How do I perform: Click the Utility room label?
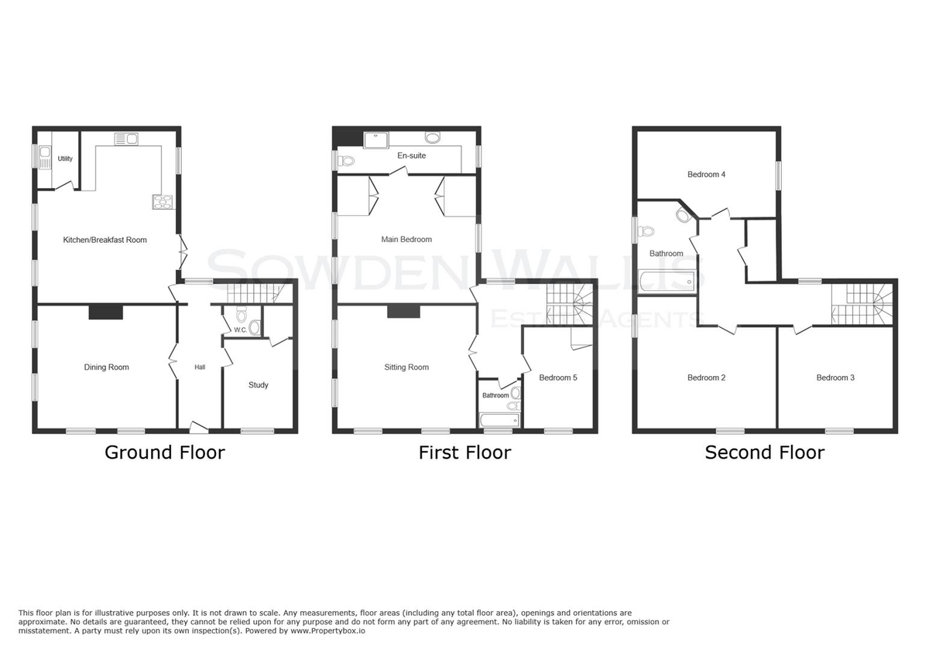pyautogui.click(x=65, y=159)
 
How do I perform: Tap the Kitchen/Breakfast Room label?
pyautogui.click(x=105, y=240)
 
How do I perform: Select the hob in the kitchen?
pyautogui.click(x=162, y=202)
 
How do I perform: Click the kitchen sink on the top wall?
pyautogui.click(x=126, y=138)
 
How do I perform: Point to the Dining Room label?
pyautogui.click(x=107, y=367)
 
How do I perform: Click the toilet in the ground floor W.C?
pyautogui.click(x=241, y=315)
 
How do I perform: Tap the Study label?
pyautogui.click(x=259, y=385)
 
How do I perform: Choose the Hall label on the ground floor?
pyautogui.click(x=200, y=367)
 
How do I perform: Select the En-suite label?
pyautogui.click(x=411, y=155)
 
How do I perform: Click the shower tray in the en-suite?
pyautogui.click(x=376, y=140)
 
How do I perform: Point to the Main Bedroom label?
pyautogui.click(x=406, y=239)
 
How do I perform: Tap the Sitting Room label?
pyautogui.click(x=406, y=367)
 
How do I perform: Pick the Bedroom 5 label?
pyautogui.click(x=558, y=377)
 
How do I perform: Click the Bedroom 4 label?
pyautogui.click(x=706, y=175)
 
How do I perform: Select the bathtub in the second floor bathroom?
pyautogui.click(x=667, y=282)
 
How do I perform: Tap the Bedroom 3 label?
pyautogui.click(x=835, y=377)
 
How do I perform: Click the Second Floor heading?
pyautogui.click(x=765, y=453)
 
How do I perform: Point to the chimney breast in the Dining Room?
pyautogui.click(x=106, y=312)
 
